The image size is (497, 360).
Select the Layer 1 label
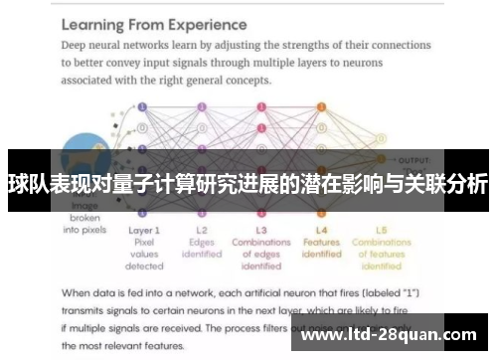click(144, 229)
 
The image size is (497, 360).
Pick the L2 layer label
click(202, 229)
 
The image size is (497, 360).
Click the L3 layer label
click(261, 229)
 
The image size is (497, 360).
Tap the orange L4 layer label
click(321, 229)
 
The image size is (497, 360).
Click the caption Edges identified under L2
click(202, 248)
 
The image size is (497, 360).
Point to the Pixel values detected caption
click(144, 254)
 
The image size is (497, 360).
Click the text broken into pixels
click(83, 223)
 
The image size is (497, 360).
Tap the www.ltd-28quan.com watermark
click(393, 334)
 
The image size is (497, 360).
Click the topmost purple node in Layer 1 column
click(143, 104)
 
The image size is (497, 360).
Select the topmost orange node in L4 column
click(321, 104)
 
